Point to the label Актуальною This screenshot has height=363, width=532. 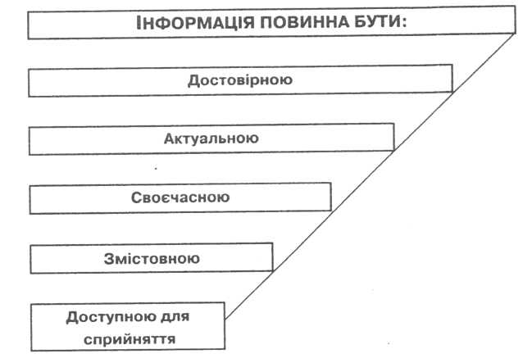point(211,138)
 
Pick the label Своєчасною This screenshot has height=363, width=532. point(180,197)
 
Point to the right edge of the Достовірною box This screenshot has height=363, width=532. point(452,79)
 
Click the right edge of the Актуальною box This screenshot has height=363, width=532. point(393,138)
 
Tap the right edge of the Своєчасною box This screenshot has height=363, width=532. point(331,197)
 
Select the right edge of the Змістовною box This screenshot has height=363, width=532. point(273,257)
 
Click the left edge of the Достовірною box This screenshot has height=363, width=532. point(30,82)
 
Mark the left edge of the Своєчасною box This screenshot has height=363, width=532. point(30,199)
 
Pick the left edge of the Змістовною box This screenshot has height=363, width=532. point(30,258)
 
